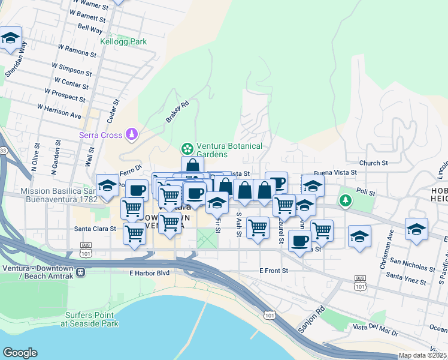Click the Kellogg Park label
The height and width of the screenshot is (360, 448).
[123, 41]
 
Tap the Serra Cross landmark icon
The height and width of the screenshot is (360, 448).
[132, 134]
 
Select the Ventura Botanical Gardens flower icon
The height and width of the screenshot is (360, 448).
[187, 148]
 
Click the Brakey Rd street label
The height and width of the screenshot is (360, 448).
[177, 112]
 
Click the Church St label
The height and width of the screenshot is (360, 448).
[374, 163]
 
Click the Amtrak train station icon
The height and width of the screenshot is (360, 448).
[80, 272]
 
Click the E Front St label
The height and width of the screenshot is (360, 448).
[274, 271]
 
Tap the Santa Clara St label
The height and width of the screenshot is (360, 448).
[94, 229]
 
